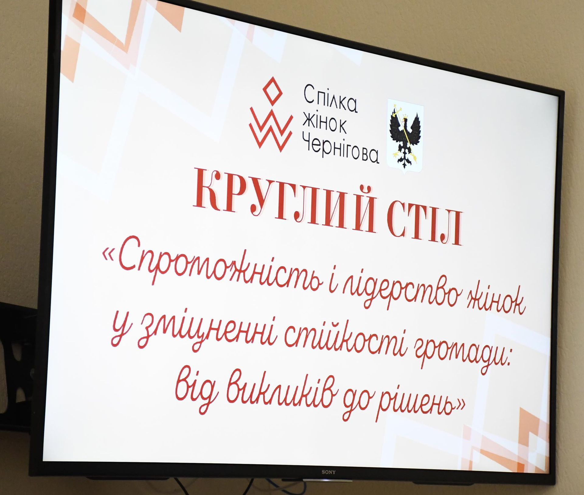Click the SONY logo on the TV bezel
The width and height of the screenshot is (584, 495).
point(328,472)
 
